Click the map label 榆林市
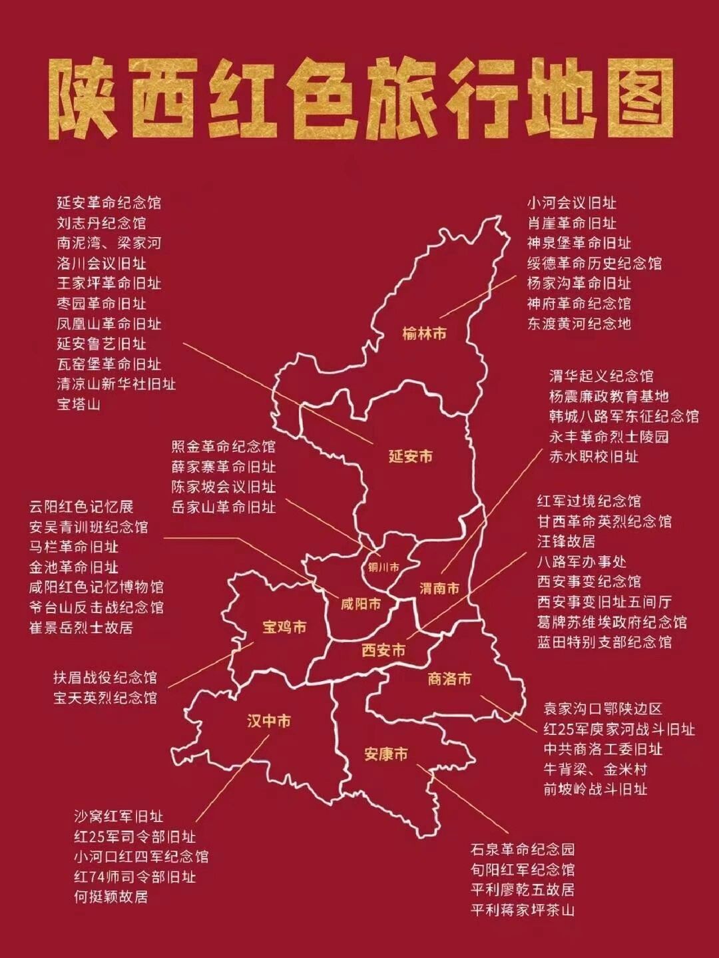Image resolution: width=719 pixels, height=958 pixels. click(x=424, y=334)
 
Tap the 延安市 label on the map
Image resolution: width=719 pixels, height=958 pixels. click(x=410, y=456)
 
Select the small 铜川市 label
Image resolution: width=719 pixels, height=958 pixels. click(x=383, y=567)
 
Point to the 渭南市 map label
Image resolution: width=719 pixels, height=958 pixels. click(x=439, y=589)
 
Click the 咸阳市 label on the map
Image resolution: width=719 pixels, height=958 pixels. click(x=361, y=604)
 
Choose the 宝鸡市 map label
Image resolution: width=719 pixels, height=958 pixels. click(x=284, y=627)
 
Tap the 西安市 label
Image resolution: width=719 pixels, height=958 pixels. click(x=383, y=650)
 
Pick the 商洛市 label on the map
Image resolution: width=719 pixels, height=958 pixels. click(x=449, y=679)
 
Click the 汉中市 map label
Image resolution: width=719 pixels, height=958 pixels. click(x=268, y=721)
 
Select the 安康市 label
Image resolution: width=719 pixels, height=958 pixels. click(x=385, y=754)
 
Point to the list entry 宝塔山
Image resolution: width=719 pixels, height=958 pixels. click(x=79, y=404)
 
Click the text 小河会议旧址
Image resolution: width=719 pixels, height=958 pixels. click(x=572, y=202)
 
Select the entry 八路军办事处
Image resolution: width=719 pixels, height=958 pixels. click(x=581, y=561)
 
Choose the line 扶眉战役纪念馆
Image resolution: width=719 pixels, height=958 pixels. click(x=105, y=677)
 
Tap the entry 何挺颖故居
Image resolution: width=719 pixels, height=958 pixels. click(x=111, y=896)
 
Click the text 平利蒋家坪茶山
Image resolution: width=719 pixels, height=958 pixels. click(x=522, y=909)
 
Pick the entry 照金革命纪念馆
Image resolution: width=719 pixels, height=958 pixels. click(x=223, y=446)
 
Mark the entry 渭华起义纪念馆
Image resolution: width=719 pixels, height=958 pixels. click(x=601, y=376)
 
